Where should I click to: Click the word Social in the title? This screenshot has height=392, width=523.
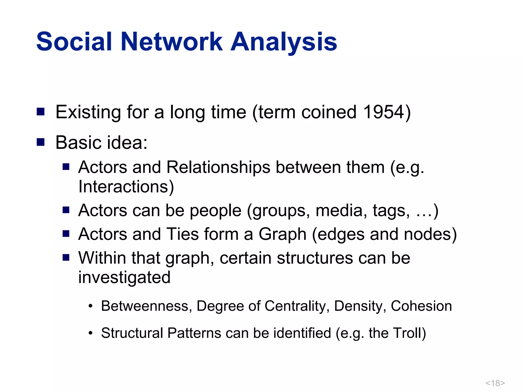74,42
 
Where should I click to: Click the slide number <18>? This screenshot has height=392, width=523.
495,383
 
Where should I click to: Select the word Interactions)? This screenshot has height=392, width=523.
126,187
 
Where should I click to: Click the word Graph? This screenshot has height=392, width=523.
282,234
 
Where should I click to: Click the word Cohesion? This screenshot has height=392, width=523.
421,306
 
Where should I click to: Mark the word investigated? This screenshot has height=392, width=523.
124,277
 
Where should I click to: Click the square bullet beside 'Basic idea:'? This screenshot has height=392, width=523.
41,142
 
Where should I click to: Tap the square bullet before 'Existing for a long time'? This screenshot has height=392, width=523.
41,112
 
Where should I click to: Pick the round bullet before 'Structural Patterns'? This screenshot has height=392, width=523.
90,333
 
